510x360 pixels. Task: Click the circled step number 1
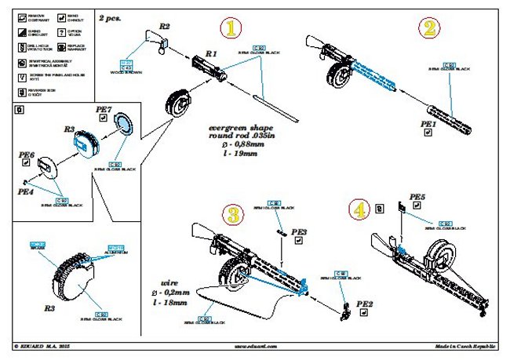coord(229,30)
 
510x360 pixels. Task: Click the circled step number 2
coord(428,30)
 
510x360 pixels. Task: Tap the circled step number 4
coord(359,211)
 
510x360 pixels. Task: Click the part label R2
coord(164,26)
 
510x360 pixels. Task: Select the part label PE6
coord(27,155)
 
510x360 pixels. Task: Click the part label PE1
coord(428,124)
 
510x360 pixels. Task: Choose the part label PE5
coord(417,197)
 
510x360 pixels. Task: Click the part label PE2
coord(365,304)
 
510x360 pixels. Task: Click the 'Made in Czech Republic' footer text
coord(467,345)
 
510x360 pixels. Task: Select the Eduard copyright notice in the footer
coord(47,345)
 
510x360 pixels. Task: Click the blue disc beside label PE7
coord(124,124)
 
